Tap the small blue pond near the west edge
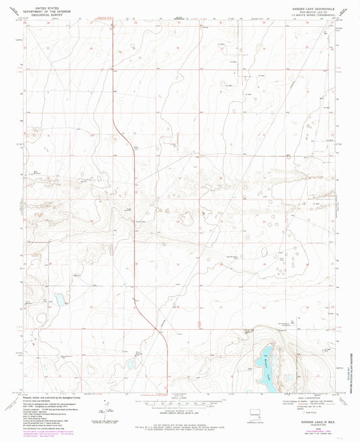[x=59, y=298]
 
